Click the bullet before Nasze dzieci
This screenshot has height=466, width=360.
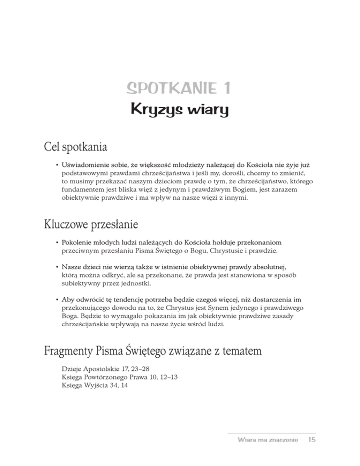coord(56,265)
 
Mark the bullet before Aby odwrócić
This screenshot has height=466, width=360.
coord(56,299)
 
